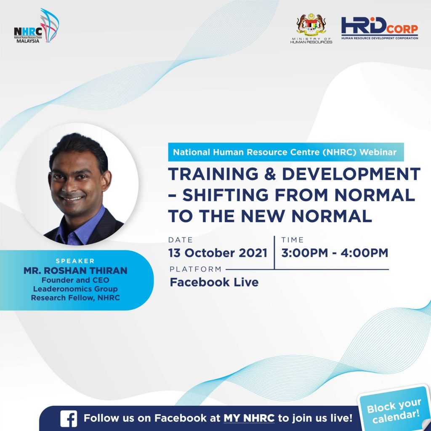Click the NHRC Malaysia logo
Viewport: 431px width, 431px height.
(x=36, y=26)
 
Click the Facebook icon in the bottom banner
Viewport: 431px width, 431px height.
(x=69, y=418)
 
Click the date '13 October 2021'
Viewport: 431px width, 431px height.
(x=218, y=253)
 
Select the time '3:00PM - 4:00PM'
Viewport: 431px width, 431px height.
(x=335, y=253)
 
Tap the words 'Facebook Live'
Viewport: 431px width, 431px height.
(x=214, y=282)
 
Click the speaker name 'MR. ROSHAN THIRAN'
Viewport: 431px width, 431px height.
(x=75, y=271)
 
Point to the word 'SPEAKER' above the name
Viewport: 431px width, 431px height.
(x=75, y=261)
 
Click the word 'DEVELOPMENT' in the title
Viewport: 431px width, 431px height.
(x=351, y=174)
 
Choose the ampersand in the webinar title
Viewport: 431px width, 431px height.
(x=270, y=174)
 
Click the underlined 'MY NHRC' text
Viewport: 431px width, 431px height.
(x=249, y=418)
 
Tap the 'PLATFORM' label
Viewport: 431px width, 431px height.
(x=195, y=269)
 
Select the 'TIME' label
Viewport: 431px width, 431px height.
(x=292, y=240)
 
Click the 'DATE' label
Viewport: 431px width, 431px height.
(x=180, y=240)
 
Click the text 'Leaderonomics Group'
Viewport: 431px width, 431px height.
(x=75, y=289)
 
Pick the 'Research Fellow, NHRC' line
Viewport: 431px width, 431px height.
(x=75, y=298)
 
